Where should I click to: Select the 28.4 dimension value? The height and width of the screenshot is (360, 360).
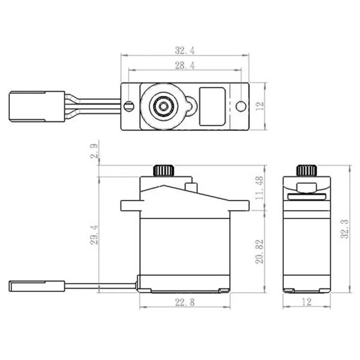[184, 66]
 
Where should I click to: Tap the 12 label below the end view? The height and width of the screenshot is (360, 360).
[306, 302]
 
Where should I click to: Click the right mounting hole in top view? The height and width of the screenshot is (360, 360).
[241, 106]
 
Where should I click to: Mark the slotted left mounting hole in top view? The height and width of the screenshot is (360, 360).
[129, 106]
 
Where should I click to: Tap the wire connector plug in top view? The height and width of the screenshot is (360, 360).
[37, 106]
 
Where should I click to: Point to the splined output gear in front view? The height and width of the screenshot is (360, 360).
[164, 171]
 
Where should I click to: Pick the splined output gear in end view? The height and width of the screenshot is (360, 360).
[306, 171]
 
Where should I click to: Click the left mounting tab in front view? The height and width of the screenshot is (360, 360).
[131, 205]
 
